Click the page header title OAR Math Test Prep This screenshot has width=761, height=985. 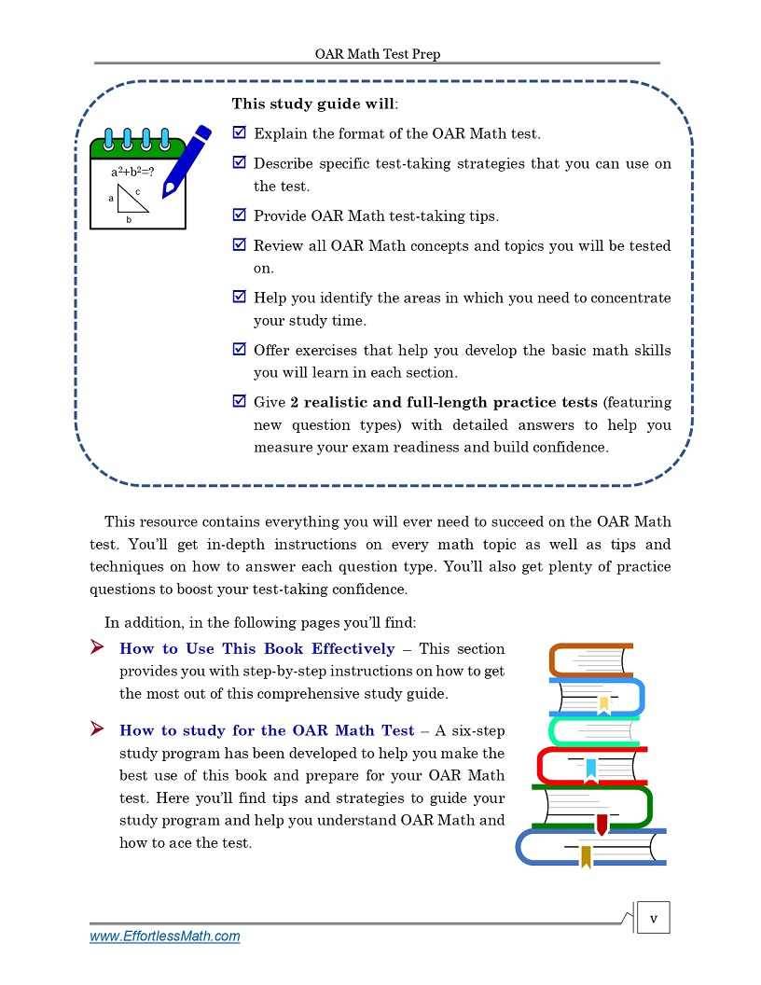pos(377,54)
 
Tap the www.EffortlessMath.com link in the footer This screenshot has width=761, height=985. pos(164,936)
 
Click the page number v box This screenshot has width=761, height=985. pos(653,919)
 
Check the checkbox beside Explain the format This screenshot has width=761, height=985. pos(239,133)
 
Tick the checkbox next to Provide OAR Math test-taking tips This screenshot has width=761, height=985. pos(239,215)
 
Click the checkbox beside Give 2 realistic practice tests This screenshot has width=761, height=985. pos(239,402)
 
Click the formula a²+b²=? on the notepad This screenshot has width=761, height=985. pos(132,173)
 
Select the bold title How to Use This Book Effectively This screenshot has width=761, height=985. pos(257,649)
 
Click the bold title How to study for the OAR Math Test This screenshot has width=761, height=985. pos(267,730)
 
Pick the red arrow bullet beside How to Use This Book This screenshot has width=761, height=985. pos(96,647)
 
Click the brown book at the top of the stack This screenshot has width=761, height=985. pos(591,659)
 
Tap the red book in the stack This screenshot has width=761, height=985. pos(591,765)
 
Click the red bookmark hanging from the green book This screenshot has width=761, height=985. pos(602,825)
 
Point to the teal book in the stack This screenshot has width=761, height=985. pos(593,730)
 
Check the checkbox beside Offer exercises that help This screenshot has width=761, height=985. pos(239,350)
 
